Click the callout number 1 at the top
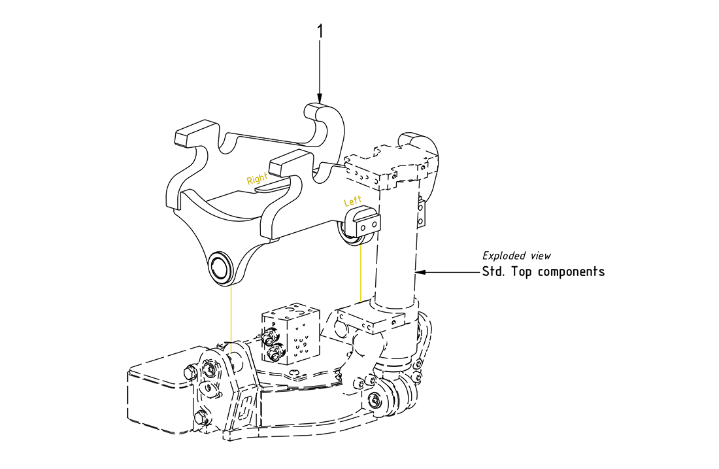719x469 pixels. click(320, 31)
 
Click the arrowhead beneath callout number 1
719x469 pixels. click(320, 97)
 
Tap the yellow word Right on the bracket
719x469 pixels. click(257, 178)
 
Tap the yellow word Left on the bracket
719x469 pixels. click(353, 202)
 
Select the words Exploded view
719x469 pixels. click(516, 256)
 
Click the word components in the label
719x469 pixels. click(571, 271)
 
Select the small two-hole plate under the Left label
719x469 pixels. click(367, 222)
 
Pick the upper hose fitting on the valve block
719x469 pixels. click(267, 339)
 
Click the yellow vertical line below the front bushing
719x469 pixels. click(230, 314)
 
